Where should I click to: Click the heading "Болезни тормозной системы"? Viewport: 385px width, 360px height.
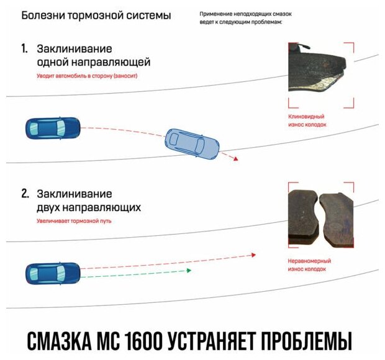tap(96, 15)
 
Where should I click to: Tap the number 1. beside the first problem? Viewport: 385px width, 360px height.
tap(25, 48)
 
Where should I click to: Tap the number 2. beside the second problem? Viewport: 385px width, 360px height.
tap(25, 194)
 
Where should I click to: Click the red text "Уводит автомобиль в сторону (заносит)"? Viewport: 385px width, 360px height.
tap(86, 76)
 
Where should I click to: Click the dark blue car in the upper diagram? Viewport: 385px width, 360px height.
tap(52, 128)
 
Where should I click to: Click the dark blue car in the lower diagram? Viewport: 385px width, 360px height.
tap(53, 272)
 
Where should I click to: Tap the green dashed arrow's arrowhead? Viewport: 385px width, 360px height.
tap(188, 271)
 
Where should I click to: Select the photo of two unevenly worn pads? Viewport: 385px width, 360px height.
tap(321, 215)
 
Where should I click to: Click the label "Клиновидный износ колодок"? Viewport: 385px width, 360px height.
tap(307, 120)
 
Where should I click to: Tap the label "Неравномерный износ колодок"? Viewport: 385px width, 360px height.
tap(309, 265)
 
